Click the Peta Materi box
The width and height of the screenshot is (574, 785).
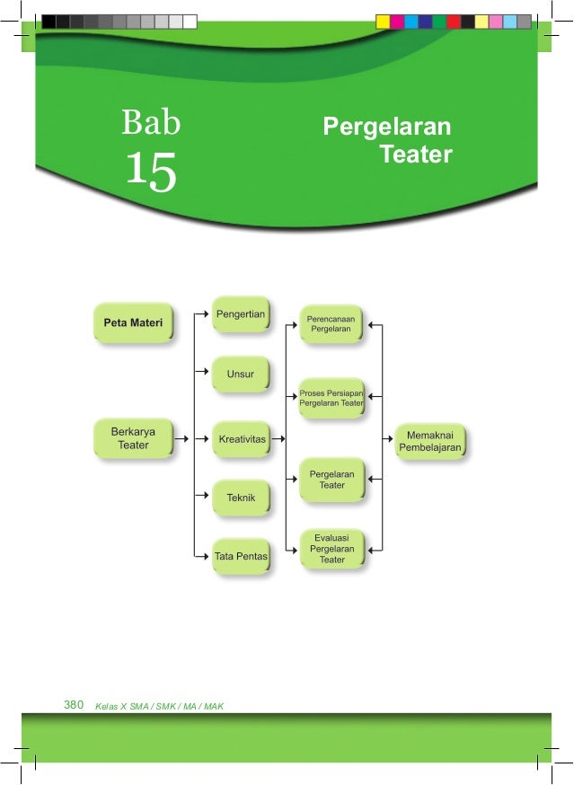tap(133, 323)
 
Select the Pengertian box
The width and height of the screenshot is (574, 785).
tap(241, 314)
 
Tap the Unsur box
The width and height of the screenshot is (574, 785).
tap(241, 375)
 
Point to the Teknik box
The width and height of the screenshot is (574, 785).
tap(241, 497)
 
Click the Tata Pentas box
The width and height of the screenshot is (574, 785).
tap(241, 557)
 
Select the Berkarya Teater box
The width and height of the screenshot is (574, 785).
tap(133, 438)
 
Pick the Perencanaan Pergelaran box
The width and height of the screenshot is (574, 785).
tap(331, 323)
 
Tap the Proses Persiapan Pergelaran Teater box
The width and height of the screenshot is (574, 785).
tap(331, 398)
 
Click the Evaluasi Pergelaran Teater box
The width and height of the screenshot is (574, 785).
tap(331, 548)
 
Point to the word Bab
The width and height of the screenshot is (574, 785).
tap(151, 122)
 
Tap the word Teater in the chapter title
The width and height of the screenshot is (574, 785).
tap(415, 154)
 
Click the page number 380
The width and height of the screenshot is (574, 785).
tap(74, 705)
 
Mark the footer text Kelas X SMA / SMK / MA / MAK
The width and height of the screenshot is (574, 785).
tap(159, 706)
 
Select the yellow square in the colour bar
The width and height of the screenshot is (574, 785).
tap(383, 22)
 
